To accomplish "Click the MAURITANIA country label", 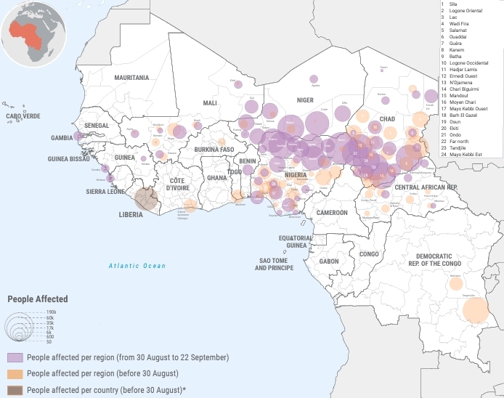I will pyautogui.click(x=131, y=77).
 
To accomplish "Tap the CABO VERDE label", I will pyautogui.click(x=23, y=116).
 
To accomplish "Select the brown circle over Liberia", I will pyautogui.click(x=147, y=198).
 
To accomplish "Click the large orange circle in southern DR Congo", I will pyautogui.click(x=476, y=311).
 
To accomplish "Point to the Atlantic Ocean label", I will pyautogui.click(x=137, y=266).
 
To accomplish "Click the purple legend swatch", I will pyautogui.click(x=15, y=357).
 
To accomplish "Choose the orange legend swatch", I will pyautogui.click(x=15, y=373).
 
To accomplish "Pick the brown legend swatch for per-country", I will pyautogui.click(x=15, y=390).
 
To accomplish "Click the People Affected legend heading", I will pyautogui.click(x=38, y=298).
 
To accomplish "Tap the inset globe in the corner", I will pyautogui.click(x=33, y=34).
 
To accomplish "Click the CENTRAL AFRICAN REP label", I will pyautogui.click(x=426, y=187).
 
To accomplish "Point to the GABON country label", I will pyautogui.click(x=329, y=261).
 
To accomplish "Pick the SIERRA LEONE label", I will pyautogui.click(x=105, y=192).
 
